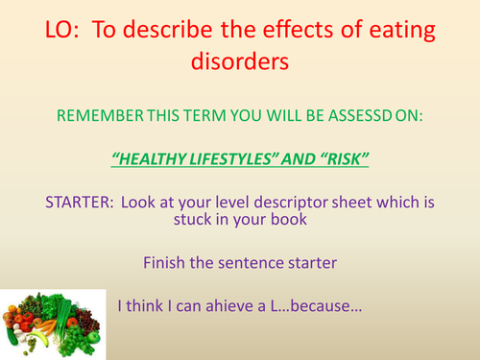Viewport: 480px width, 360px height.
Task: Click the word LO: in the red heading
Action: (x=62, y=30)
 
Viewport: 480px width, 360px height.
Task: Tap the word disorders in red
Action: (x=240, y=60)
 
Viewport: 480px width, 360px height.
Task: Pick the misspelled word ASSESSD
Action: (x=360, y=115)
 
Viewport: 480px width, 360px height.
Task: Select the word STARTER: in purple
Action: (x=80, y=203)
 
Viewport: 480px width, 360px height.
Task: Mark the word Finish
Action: (x=164, y=263)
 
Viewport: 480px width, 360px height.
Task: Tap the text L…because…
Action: (x=316, y=305)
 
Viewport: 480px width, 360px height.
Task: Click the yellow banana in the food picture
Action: (x=39, y=338)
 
